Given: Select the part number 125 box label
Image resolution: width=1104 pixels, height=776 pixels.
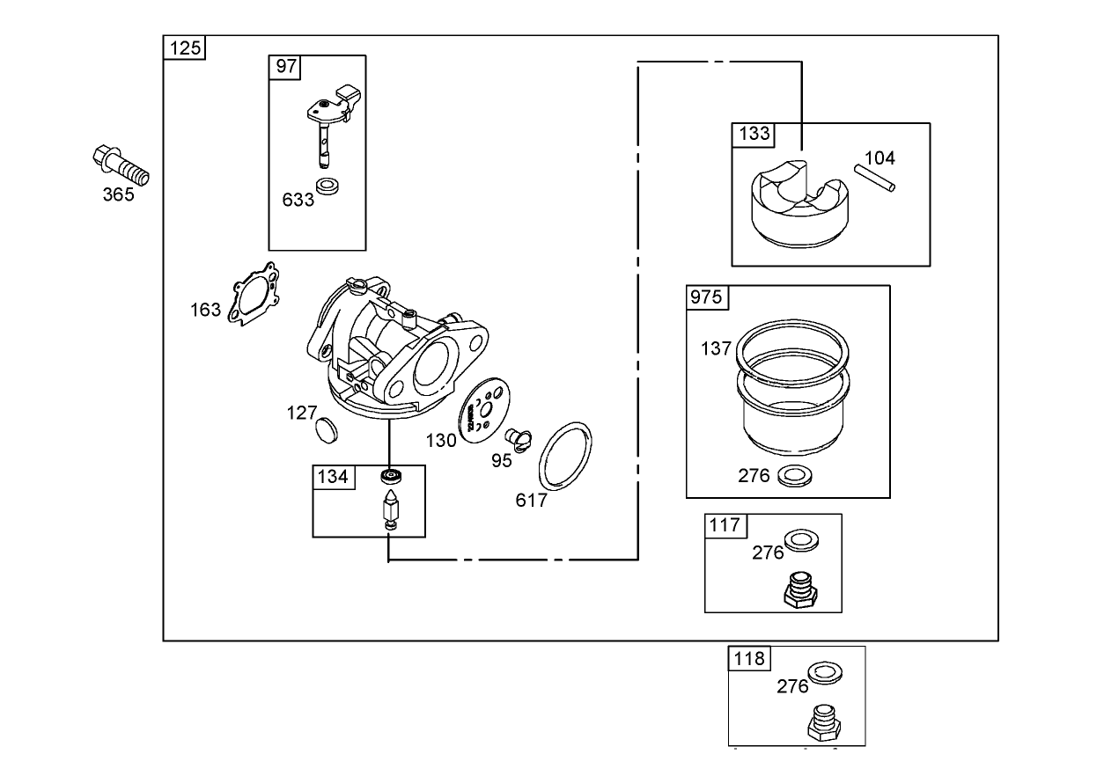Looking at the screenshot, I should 185,48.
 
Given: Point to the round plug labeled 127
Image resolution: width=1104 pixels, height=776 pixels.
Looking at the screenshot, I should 326,430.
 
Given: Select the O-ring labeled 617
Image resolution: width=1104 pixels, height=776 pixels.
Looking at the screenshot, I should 565,456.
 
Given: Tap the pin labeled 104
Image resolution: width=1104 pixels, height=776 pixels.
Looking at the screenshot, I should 877,177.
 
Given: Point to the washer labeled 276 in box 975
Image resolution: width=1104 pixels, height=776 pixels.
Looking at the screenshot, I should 796,476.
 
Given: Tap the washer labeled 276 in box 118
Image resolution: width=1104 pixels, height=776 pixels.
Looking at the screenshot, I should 824,672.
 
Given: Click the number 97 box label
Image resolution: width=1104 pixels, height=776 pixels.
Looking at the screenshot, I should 287,67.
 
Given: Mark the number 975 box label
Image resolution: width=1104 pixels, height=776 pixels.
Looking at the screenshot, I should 706,297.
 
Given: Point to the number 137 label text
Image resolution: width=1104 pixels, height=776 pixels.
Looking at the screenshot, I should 716,348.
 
